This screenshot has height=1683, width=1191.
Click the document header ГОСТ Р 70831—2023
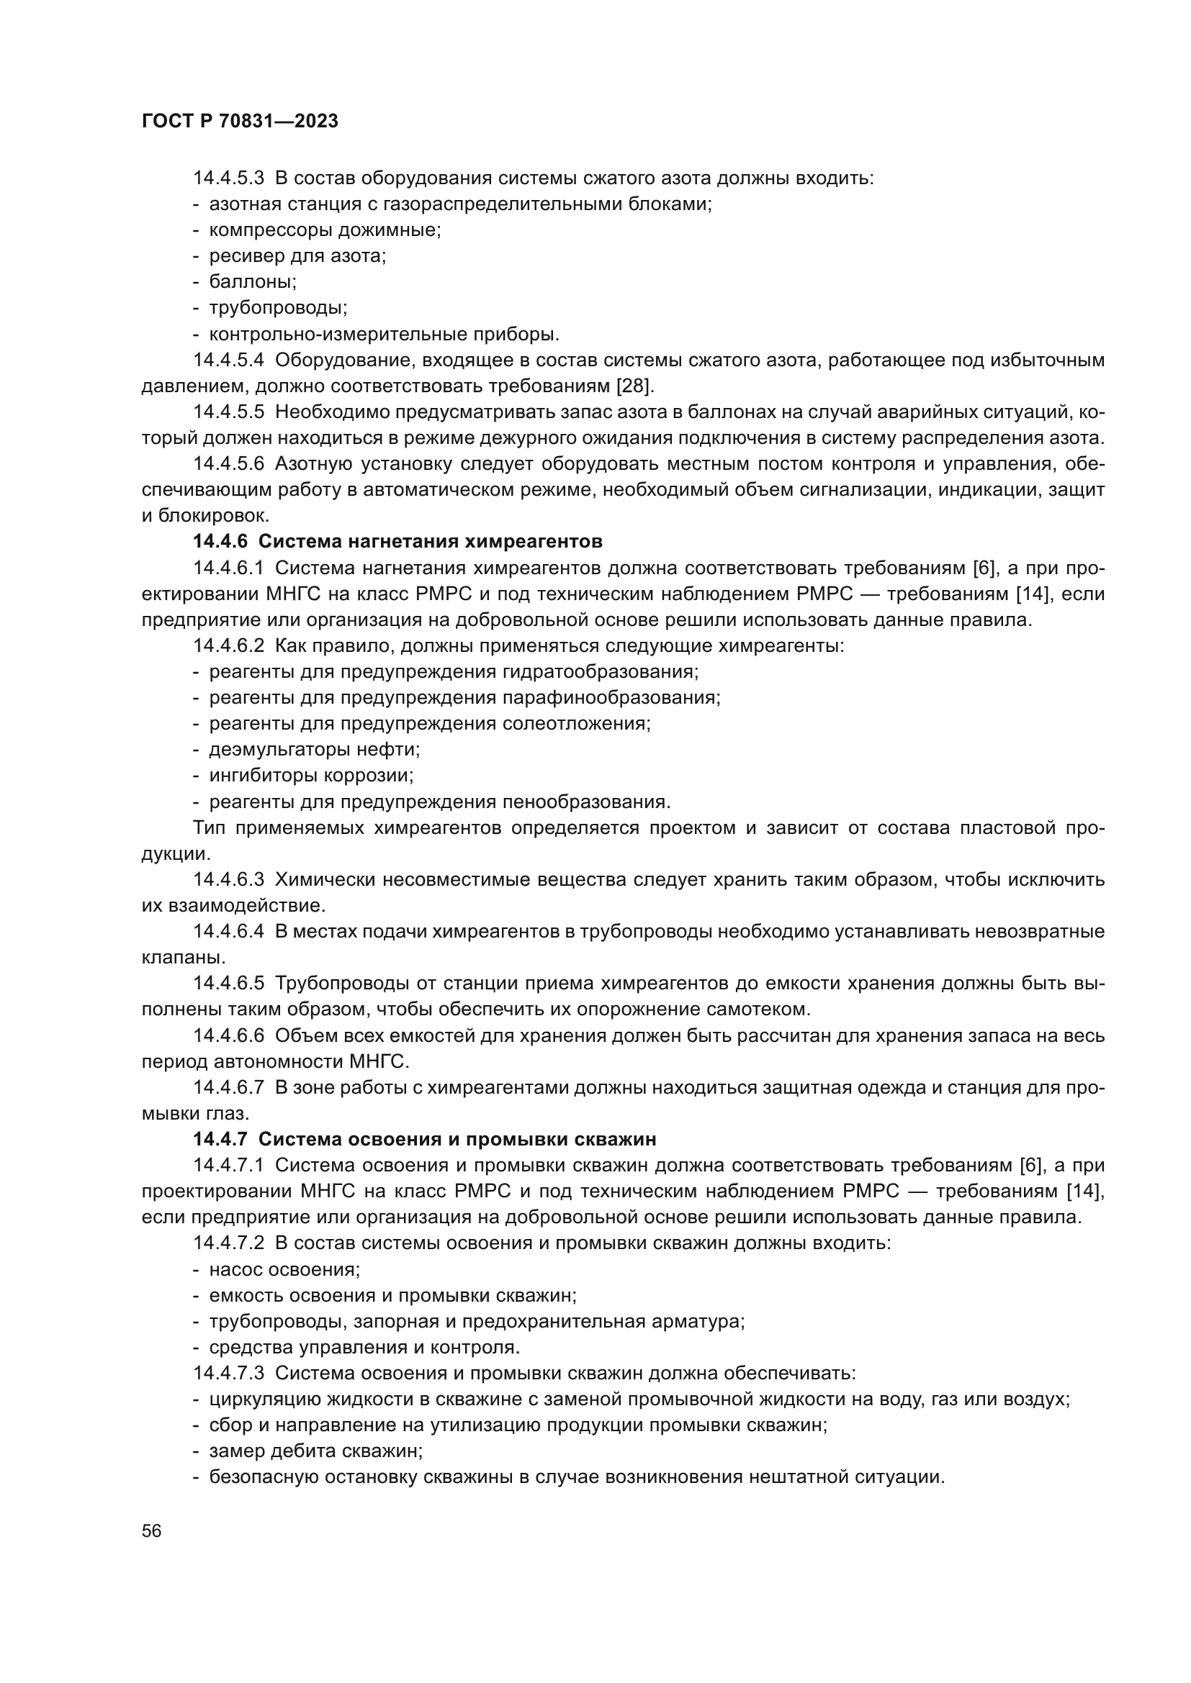240,122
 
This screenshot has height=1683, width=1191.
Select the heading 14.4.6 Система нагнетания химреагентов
397,542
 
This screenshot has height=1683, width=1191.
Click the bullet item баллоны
253,281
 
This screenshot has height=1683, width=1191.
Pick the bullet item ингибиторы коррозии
312,775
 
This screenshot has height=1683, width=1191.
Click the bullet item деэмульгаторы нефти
315,749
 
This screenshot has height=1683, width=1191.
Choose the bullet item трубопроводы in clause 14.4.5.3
278,308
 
